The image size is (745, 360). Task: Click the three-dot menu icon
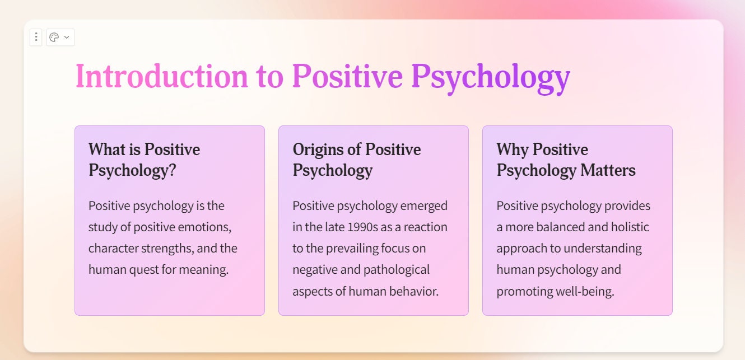coord(36,37)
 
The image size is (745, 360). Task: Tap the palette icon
coord(54,37)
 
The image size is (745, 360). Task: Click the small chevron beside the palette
coord(67,38)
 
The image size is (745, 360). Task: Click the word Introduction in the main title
coord(161,76)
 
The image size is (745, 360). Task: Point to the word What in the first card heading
coord(106,149)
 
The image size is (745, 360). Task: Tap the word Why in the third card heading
coord(512,149)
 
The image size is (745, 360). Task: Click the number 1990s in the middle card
coord(362,227)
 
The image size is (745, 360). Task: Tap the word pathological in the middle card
coord(396,269)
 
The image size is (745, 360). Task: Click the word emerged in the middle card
coord(423,205)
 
